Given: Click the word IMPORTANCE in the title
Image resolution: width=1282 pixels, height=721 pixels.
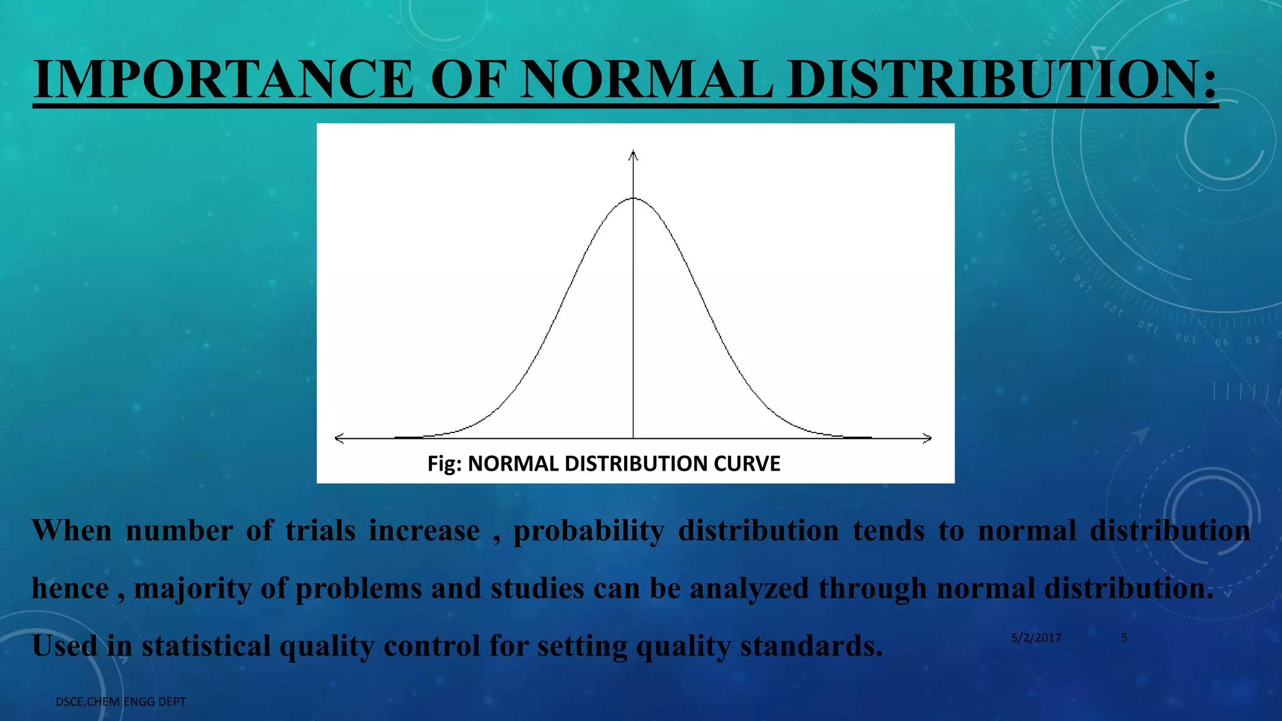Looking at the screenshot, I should (x=223, y=79).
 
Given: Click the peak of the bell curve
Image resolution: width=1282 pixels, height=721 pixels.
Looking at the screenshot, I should (x=633, y=198).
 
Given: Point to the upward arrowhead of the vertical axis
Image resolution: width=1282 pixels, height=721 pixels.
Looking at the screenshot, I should (x=633, y=153).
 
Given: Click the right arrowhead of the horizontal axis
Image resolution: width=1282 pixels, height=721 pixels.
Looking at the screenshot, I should (x=928, y=439).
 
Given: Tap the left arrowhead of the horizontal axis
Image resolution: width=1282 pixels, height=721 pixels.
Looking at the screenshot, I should (x=339, y=439).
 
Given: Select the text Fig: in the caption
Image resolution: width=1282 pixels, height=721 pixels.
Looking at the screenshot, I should (x=444, y=464).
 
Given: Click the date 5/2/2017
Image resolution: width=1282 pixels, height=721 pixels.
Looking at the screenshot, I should (x=1036, y=638).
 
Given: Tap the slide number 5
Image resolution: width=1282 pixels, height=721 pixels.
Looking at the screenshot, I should (x=1124, y=638).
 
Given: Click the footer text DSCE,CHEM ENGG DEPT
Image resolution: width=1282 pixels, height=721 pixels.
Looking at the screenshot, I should (x=121, y=702).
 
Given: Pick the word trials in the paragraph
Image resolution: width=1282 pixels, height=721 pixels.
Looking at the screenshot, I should (x=320, y=531).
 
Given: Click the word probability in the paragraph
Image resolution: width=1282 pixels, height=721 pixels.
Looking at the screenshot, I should (x=588, y=531).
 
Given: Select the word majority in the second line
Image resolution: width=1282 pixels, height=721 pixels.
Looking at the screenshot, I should (x=192, y=588).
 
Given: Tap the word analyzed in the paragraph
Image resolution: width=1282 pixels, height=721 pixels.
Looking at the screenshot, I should (x=749, y=588).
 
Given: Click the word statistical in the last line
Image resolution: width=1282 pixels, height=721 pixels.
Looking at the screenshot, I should (x=206, y=646).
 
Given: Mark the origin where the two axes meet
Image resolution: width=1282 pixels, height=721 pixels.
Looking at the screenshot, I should (x=633, y=439).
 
